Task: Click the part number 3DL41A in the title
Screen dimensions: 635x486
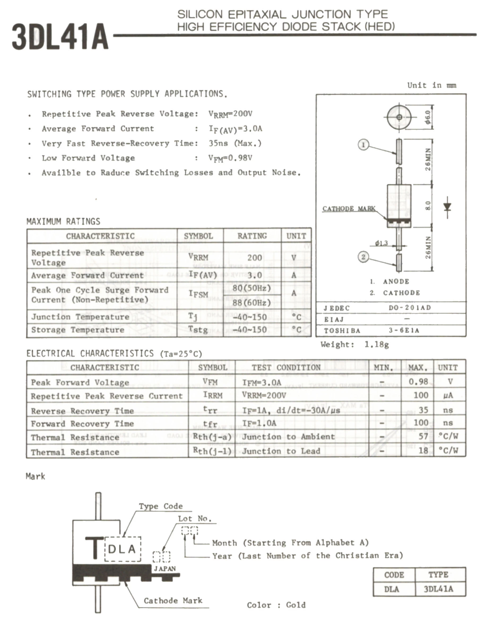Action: coord(60,37)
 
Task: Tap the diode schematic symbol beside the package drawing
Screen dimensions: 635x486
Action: coord(447,207)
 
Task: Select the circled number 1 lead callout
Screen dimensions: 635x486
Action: coord(363,144)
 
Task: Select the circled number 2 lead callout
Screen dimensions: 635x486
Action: coord(363,257)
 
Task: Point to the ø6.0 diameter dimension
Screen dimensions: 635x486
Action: coord(428,117)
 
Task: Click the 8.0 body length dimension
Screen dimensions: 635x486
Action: coord(428,206)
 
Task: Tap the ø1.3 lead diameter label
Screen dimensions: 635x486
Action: coord(381,243)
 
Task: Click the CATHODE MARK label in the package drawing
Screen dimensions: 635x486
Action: coord(349,209)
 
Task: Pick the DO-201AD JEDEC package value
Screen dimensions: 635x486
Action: coord(410,308)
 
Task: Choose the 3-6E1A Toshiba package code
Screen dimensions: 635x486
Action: coord(404,331)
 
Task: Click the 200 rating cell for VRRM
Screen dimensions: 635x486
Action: coord(255,258)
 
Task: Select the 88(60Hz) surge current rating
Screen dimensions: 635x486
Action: coord(252,303)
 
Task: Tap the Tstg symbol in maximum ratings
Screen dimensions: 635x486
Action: coord(198,329)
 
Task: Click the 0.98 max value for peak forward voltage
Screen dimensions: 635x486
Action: coord(418,382)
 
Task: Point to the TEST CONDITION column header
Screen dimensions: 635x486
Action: coord(286,368)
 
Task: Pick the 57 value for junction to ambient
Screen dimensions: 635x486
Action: coord(423,436)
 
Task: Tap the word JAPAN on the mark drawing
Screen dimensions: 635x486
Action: coord(164,569)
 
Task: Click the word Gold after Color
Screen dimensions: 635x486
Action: coord(296,605)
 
